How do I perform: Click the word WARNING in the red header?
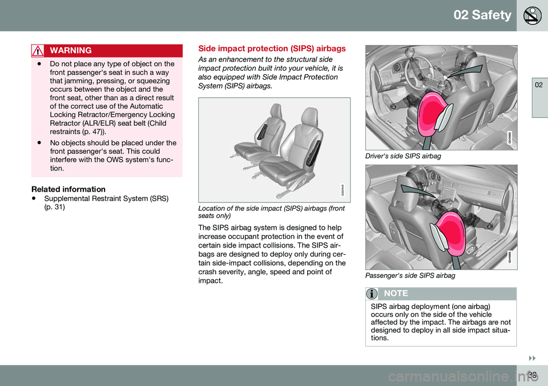(72, 51)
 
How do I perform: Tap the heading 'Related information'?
(68, 189)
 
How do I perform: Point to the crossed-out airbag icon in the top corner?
(533, 15)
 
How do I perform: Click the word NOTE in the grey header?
(397, 294)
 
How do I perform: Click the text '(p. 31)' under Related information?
(54, 206)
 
